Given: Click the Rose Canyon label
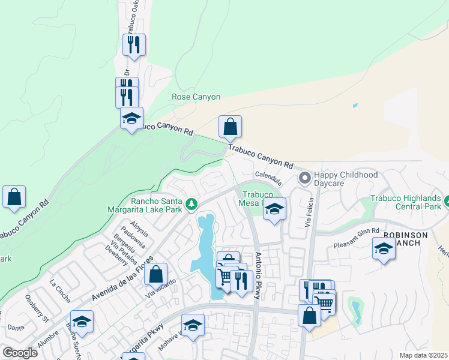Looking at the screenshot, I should pyautogui.click(x=196, y=97).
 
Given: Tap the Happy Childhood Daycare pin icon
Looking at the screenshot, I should pyautogui.click(x=305, y=178).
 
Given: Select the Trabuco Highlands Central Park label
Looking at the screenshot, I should pyautogui.click(x=406, y=202).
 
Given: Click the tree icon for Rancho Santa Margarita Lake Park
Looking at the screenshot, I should pyautogui.click(x=191, y=205).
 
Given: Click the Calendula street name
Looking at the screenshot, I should pyautogui.click(x=268, y=175).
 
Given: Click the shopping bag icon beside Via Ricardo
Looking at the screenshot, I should pyautogui.click(x=155, y=274).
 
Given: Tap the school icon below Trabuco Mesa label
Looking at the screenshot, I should pyautogui.click(x=274, y=209).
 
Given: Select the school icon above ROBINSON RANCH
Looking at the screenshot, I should pyautogui.click(x=384, y=248).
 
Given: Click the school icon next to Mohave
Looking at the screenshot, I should pyautogui.click(x=193, y=326).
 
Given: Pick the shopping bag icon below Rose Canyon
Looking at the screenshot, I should pyautogui.click(x=230, y=127).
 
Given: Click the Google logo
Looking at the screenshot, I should pyautogui.click(x=20, y=352).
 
